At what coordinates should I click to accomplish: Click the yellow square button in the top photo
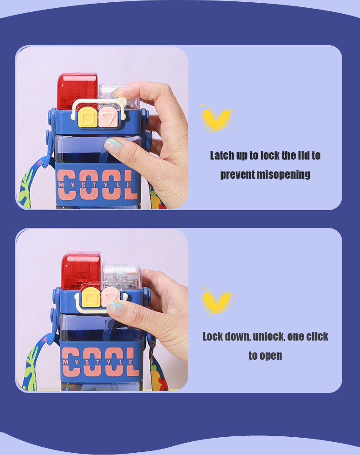[x=87, y=117]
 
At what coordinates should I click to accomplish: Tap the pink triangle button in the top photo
[x=108, y=117]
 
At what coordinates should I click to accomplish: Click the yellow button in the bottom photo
[x=91, y=297]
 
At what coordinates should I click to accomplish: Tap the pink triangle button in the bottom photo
[x=110, y=296]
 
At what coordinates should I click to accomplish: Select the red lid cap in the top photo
[x=77, y=91]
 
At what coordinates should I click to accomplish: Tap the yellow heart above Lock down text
[x=217, y=301]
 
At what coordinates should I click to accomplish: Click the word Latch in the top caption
[x=222, y=155]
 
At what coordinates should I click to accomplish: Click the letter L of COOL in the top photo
[x=131, y=185]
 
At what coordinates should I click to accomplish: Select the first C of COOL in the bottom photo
[x=71, y=362]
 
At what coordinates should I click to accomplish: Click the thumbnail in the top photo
[x=118, y=91]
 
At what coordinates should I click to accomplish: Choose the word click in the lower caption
[x=317, y=336]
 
